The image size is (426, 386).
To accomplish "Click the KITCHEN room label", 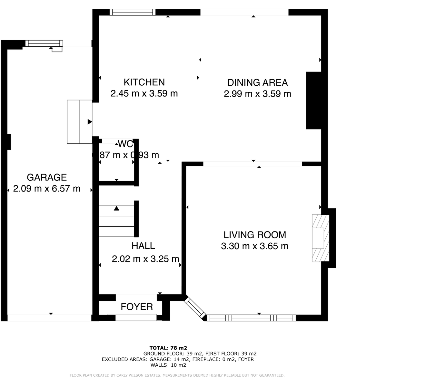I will click(x=144, y=82).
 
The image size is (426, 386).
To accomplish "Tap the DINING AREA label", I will click(x=257, y=83).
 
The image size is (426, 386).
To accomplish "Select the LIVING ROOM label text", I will click(x=255, y=235).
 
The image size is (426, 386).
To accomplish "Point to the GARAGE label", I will click(x=47, y=177).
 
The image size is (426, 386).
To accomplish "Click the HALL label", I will click(x=143, y=246).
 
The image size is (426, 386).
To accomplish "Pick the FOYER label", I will click(x=137, y=307).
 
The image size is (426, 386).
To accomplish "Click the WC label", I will click(x=125, y=144).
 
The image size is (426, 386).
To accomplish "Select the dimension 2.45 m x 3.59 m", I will click(x=144, y=94).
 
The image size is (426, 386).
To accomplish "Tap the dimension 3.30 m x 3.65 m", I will click(x=255, y=246).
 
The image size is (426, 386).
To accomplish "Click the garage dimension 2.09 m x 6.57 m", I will click(x=47, y=189).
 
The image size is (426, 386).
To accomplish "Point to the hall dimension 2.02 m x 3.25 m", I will click(x=145, y=259).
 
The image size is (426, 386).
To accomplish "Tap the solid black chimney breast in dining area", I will click(x=313, y=100).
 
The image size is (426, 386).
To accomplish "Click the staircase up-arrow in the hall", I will click(x=116, y=209).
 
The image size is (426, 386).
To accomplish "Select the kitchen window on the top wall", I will click(x=132, y=12).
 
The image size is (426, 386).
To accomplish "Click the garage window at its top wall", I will click(x=44, y=43).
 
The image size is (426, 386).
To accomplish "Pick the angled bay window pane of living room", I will click(x=195, y=308).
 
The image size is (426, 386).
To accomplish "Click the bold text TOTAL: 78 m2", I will click(x=168, y=348).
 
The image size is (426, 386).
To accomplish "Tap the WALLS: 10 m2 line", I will click(x=168, y=365).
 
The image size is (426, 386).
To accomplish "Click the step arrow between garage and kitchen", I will click(x=90, y=122).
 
